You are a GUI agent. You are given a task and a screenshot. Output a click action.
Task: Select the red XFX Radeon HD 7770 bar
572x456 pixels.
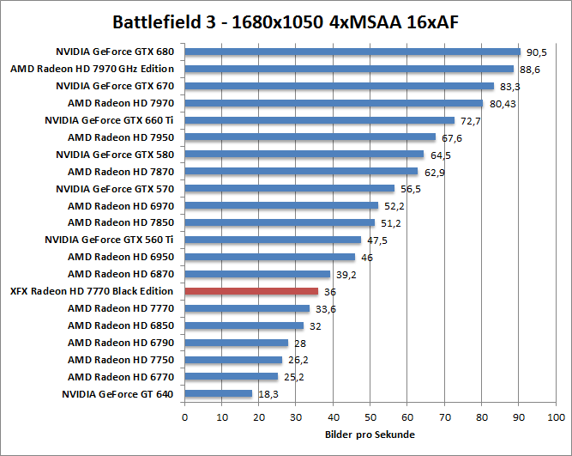(251, 291)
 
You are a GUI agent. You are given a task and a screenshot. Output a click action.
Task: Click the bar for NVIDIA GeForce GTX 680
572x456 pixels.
(352, 52)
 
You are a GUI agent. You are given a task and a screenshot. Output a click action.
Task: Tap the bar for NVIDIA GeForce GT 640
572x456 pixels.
(219, 394)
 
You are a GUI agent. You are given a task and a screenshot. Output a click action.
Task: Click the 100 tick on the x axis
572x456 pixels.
(555, 417)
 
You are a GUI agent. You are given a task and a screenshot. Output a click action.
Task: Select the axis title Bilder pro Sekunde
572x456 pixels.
(370, 435)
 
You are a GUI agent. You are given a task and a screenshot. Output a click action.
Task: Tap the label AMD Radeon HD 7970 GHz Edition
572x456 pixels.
(92, 69)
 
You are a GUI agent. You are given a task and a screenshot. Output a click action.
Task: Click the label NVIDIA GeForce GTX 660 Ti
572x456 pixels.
(109, 120)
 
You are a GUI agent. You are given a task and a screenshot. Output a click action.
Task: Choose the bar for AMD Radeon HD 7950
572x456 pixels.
(310, 137)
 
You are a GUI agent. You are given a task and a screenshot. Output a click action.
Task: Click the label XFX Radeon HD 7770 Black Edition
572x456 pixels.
(92, 291)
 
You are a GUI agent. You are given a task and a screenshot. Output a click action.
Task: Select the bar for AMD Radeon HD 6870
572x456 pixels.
(257, 274)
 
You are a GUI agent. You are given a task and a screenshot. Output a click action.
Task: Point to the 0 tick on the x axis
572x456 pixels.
(184, 417)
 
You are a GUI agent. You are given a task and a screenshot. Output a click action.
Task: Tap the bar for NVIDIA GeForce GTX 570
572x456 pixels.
(289, 189)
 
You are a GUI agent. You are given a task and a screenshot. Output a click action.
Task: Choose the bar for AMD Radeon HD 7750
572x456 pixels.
(233, 360)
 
